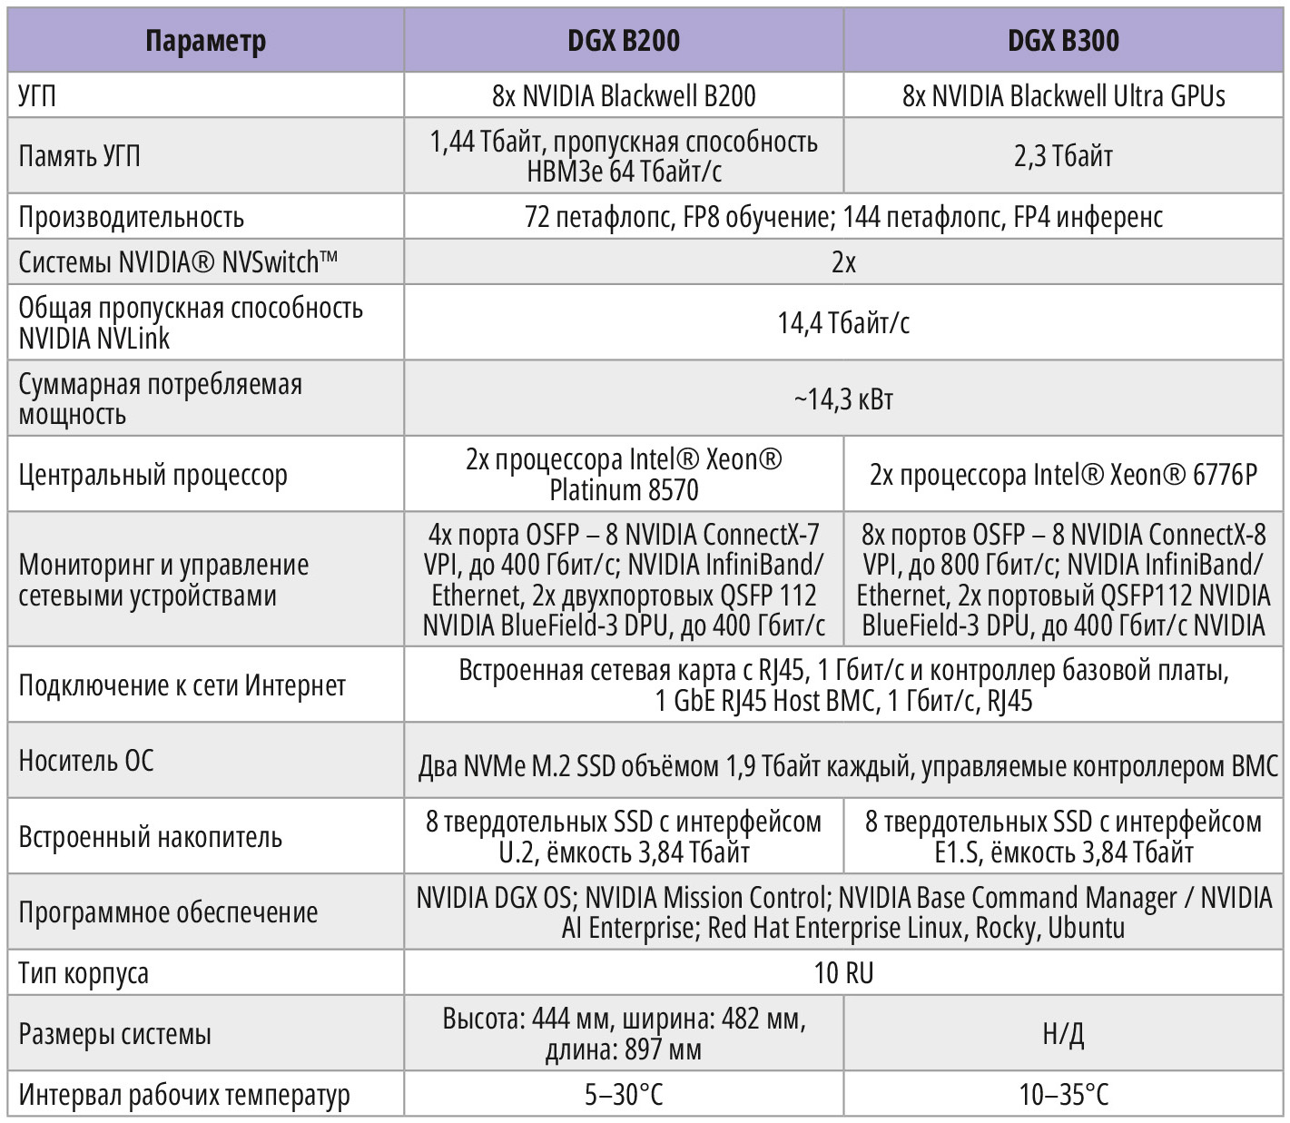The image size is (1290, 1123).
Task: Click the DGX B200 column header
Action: (623, 41)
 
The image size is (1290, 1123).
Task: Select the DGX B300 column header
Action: (1063, 41)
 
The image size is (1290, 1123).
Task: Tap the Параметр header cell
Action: (206, 41)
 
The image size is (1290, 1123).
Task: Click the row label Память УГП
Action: (80, 156)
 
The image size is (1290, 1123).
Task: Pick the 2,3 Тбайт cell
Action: (1063, 156)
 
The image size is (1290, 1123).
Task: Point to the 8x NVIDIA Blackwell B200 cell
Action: (623, 95)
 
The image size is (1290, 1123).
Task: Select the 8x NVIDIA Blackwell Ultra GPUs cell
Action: (1063, 95)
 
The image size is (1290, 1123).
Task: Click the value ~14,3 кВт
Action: (843, 399)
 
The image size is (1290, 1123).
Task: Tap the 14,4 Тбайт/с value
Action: (843, 322)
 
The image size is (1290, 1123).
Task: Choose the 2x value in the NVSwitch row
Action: (843, 262)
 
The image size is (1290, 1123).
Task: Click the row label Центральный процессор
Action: (153, 475)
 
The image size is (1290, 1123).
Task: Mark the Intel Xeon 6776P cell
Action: (1063, 475)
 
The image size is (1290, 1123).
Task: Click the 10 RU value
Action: (843, 973)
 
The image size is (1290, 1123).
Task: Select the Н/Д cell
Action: (1063, 1033)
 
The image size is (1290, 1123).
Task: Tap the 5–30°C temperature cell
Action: (623, 1095)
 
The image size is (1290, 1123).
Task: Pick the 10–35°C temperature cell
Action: (1063, 1095)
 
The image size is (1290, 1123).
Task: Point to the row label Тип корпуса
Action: (84, 973)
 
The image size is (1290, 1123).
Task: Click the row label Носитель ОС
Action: (86, 760)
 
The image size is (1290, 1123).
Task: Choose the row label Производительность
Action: (132, 217)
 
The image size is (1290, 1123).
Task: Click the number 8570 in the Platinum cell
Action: (674, 490)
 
